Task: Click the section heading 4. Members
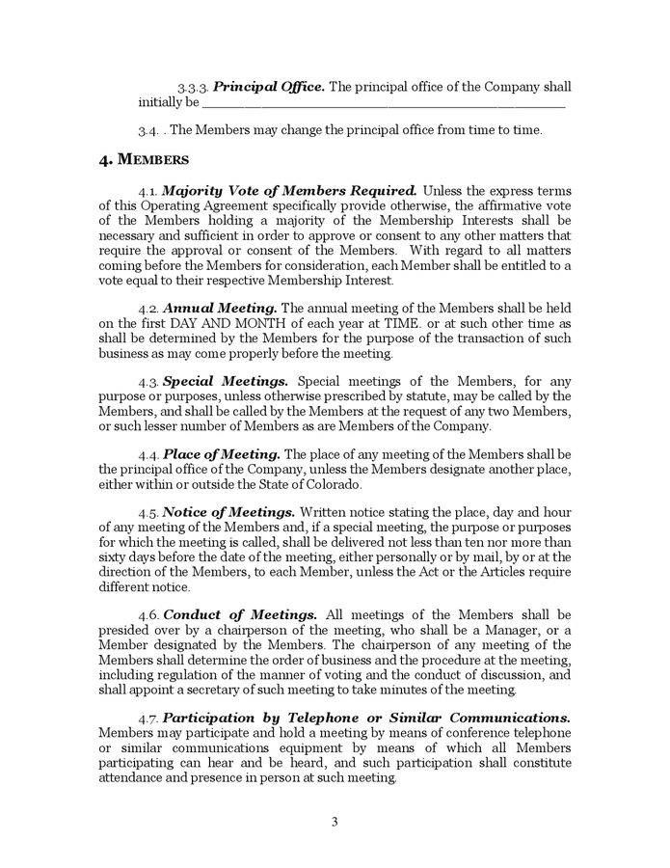[x=144, y=160]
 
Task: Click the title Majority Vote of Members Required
[x=289, y=191]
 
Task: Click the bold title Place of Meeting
[x=222, y=454]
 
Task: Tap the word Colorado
[x=335, y=484]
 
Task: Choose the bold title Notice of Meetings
[x=228, y=512]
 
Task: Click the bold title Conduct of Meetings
[x=240, y=614]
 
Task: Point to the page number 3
[x=335, y=822]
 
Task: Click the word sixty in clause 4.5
[x=114, y=557]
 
